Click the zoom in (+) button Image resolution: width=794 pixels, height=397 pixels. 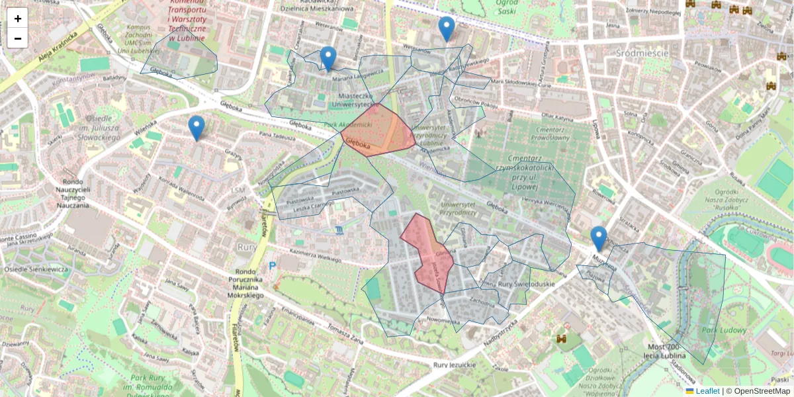tap(18, 19)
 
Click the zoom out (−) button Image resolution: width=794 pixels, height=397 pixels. tap(18, 38)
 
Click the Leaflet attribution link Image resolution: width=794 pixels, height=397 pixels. tap(707, 391)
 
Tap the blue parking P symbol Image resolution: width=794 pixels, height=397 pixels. tap(272, 266)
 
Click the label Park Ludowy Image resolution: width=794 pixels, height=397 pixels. tap(724, 330)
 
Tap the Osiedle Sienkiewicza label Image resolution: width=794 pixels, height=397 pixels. tap(36, 269)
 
